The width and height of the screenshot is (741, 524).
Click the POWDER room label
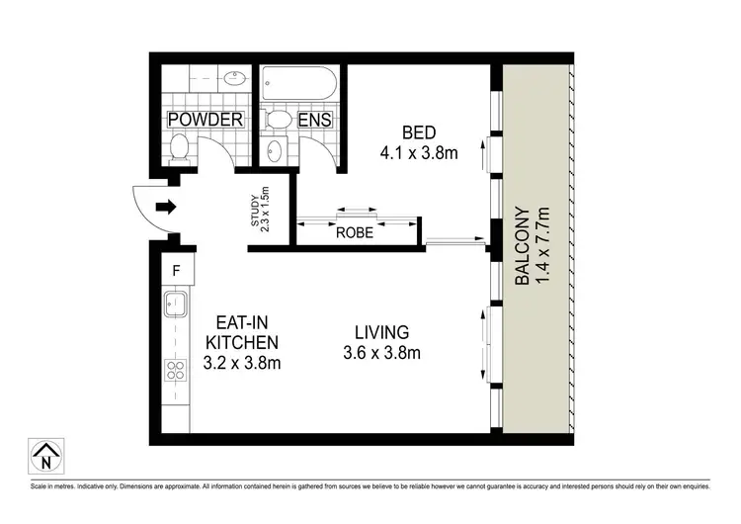pos(206,120)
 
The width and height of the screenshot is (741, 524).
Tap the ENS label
pos(315,120)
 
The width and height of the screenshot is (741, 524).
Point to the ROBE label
pos(356,234)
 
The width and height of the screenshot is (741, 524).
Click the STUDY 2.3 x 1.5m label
pos(260,210)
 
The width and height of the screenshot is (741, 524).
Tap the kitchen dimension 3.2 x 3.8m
pos(242,363)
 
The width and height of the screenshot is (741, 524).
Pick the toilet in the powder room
pos(180,148)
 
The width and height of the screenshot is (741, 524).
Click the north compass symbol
pos(44,457)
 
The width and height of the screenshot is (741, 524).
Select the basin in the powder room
pos(235,78)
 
